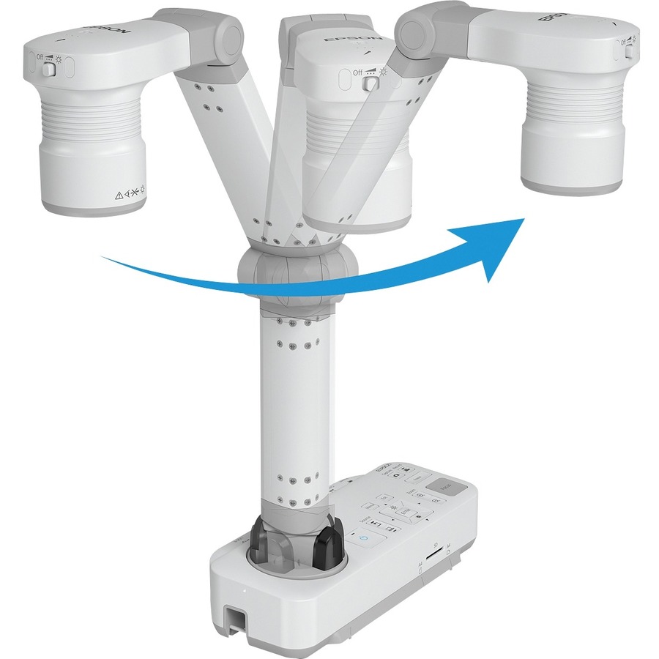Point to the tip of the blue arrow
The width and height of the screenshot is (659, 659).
[x=524, y=219]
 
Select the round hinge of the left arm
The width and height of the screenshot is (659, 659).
[x=226, y=33]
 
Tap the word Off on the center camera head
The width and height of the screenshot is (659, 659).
[x=357, y=72]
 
